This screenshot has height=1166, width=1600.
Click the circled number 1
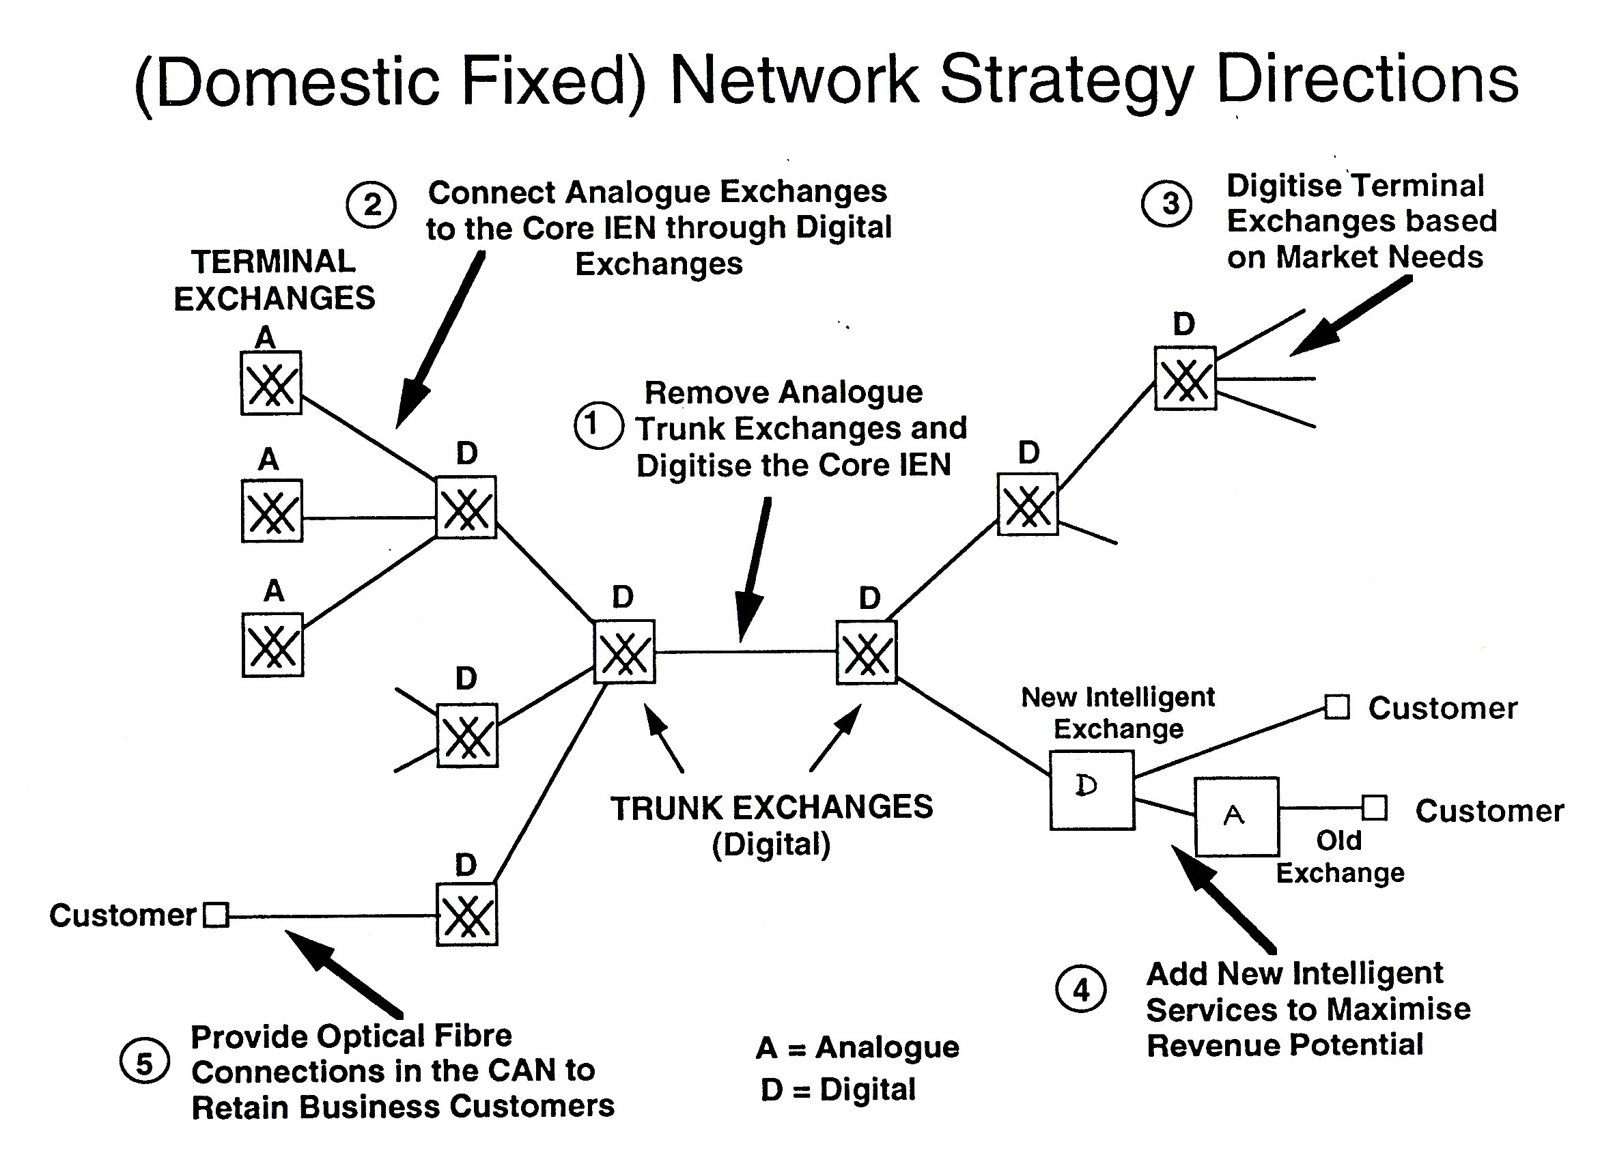598,425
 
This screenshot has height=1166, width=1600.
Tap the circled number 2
371,205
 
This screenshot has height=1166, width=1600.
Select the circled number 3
1166,205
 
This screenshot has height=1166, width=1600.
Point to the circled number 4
1080,990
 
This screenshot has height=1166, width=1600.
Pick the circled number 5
144,1062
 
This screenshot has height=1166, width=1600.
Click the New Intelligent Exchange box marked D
1092,790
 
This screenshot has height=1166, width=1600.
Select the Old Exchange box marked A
1236,816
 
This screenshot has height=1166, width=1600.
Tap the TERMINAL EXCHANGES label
274,280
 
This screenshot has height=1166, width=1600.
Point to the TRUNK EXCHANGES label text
771,808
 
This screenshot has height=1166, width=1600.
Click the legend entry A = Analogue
857,1047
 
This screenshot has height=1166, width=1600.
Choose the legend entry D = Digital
837,1090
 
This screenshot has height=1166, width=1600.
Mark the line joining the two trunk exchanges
745,651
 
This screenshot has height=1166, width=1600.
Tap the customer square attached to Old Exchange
1374,808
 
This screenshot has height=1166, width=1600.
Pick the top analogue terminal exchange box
271,383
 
